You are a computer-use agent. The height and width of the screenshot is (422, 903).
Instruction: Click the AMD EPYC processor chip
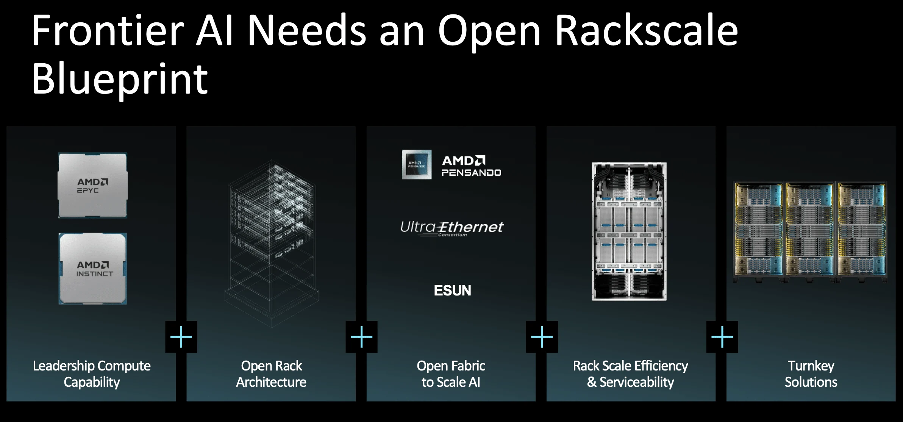[92, 185]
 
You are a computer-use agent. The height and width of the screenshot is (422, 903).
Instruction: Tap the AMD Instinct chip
[93, 269]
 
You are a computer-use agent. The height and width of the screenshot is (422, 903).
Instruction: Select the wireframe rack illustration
[272, 244]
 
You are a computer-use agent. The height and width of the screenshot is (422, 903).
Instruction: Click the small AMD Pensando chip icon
[417, 164]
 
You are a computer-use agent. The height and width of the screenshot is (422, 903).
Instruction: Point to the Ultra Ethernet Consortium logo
[452, 228]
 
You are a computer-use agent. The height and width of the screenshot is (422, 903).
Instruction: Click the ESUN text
[452, 291]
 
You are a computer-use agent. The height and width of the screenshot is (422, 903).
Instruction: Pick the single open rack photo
[629, 231]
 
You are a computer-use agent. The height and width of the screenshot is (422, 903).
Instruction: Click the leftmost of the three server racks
[758, 232]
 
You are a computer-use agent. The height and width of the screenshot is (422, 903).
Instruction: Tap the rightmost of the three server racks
[862, 232]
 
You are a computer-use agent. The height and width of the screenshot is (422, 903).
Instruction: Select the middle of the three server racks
[810, 232]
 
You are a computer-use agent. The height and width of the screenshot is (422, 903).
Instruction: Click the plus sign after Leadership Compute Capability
[181, 337]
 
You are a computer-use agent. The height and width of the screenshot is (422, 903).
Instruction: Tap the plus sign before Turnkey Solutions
[722, 337]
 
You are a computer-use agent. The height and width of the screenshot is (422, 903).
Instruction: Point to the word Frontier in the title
[108, 30]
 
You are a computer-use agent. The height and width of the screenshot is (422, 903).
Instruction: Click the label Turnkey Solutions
[811, 374]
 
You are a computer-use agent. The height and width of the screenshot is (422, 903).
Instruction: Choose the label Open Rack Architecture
[271, 374]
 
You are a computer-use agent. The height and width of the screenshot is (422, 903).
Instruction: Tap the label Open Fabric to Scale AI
[451, 374]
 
